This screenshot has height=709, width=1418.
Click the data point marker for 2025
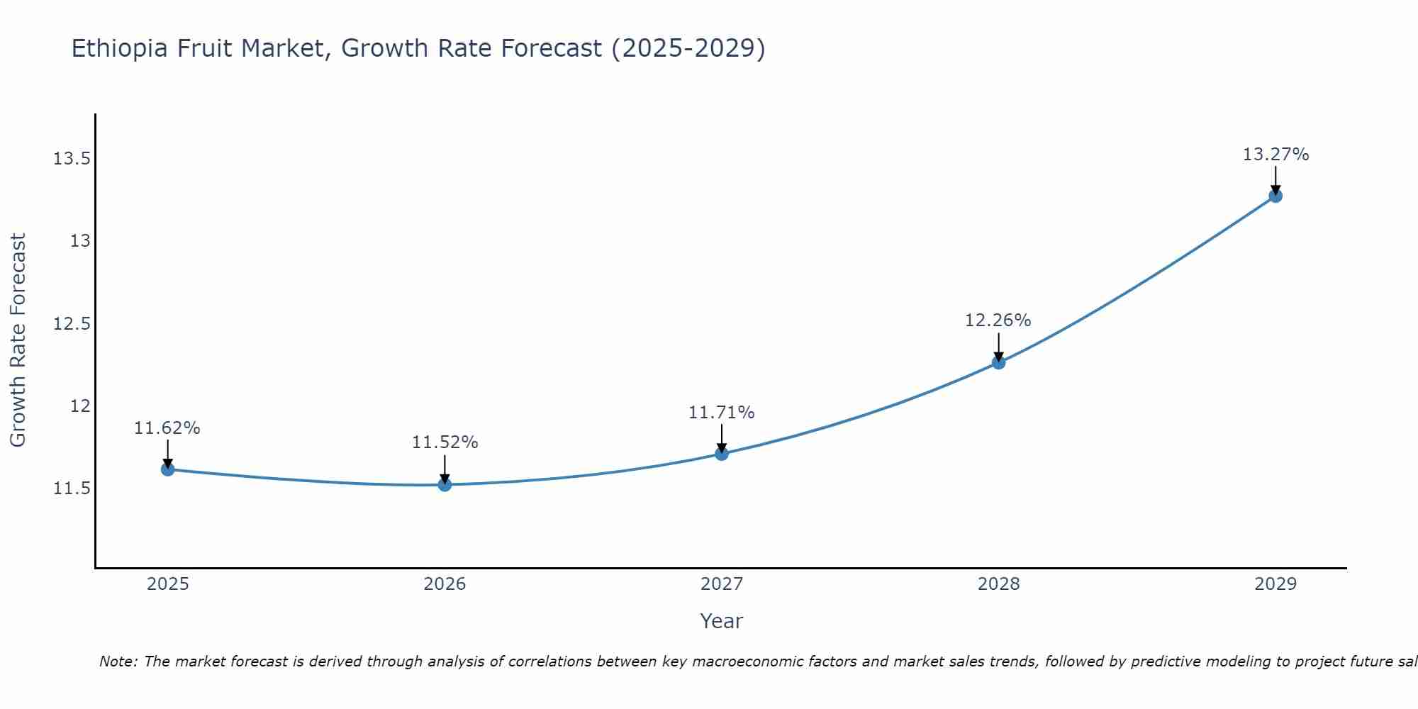[x=167, y=469]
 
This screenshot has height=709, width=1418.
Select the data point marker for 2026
[x=445, y=484]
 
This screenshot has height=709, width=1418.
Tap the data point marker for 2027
[x=722, y=453]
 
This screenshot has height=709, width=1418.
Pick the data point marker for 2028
[x=998, y=362]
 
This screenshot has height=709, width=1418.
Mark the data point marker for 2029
[x=1275, y=196]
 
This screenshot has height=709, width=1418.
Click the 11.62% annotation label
[x=167, y=428]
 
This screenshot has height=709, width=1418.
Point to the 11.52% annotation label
[x=445, y=442]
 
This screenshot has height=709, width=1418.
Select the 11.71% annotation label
[x=722, y=413]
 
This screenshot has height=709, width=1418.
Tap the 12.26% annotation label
[x=998, y=320]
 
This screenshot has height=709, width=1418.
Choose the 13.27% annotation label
[x=1275, y=155]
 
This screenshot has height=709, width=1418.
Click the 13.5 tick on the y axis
[x=72, y=158]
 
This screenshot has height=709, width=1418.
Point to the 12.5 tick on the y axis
[x=72, y=324]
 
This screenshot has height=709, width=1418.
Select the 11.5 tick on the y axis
[x=72, y=489]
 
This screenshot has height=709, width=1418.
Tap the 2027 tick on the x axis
[x=722, y=584]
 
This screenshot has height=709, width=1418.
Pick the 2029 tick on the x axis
[x=1275, y=584]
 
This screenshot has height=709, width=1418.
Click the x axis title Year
[x=722, y=621]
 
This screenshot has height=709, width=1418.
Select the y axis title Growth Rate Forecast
[x=18, y=340]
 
